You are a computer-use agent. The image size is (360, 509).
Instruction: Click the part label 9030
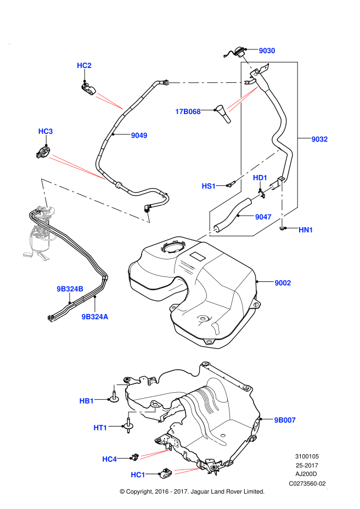click(267, 51)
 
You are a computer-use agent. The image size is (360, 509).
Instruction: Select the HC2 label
click(84, 66)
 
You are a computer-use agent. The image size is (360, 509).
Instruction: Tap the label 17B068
click(188, 112)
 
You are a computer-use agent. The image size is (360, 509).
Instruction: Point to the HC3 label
click(46, 132)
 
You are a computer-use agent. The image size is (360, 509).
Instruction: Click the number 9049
click(139, 135)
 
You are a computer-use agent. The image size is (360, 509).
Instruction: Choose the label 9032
click(319, 139)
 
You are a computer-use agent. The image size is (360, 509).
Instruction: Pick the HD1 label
click(260, 178)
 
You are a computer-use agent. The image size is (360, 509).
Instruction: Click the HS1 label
click(209, 186)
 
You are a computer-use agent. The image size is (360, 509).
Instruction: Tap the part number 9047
click(263, 217)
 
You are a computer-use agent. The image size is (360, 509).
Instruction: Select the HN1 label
click(306, 230)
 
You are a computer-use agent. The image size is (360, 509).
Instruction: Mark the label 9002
click(283, 283)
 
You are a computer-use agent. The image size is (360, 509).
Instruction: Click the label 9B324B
click(70, 289)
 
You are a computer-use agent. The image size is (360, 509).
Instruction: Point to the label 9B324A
click(95, 317)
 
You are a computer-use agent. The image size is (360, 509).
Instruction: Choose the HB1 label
click(87, 401)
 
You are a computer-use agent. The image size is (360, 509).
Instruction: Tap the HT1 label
click(100, 428)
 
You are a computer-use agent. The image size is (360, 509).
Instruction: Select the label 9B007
click(285, 420)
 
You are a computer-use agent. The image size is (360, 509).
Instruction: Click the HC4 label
click(109, 459)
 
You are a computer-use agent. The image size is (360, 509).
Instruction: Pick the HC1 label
click(138, 475)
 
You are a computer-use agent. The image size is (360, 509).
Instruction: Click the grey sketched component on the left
click(41, 233)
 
